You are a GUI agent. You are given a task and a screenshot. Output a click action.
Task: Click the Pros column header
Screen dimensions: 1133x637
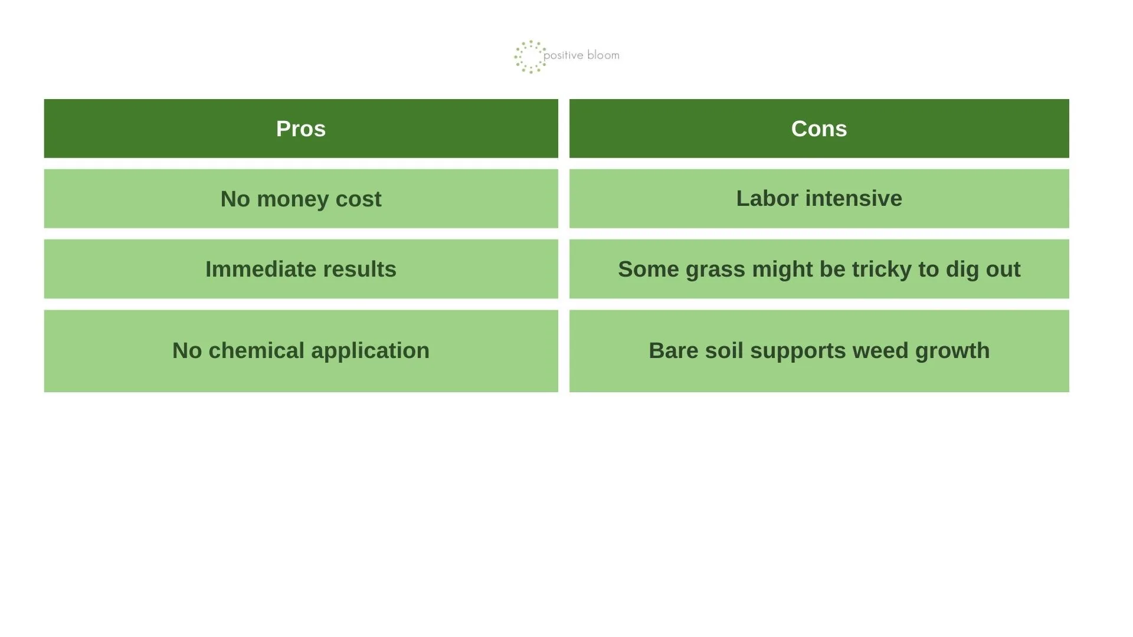point(301,129)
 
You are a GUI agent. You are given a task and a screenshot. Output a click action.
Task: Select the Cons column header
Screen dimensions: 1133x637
point(819,129)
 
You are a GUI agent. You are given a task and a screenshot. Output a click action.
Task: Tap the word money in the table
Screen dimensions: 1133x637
point(293,200)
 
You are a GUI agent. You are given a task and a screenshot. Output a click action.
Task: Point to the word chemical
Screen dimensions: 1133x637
point(257,350)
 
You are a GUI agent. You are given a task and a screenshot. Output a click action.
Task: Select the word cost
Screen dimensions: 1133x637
point(359,200)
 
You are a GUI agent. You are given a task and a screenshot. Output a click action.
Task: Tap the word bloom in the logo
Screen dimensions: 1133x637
point(603,55)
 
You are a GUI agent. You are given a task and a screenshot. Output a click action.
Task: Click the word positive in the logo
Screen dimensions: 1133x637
point(564,55)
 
